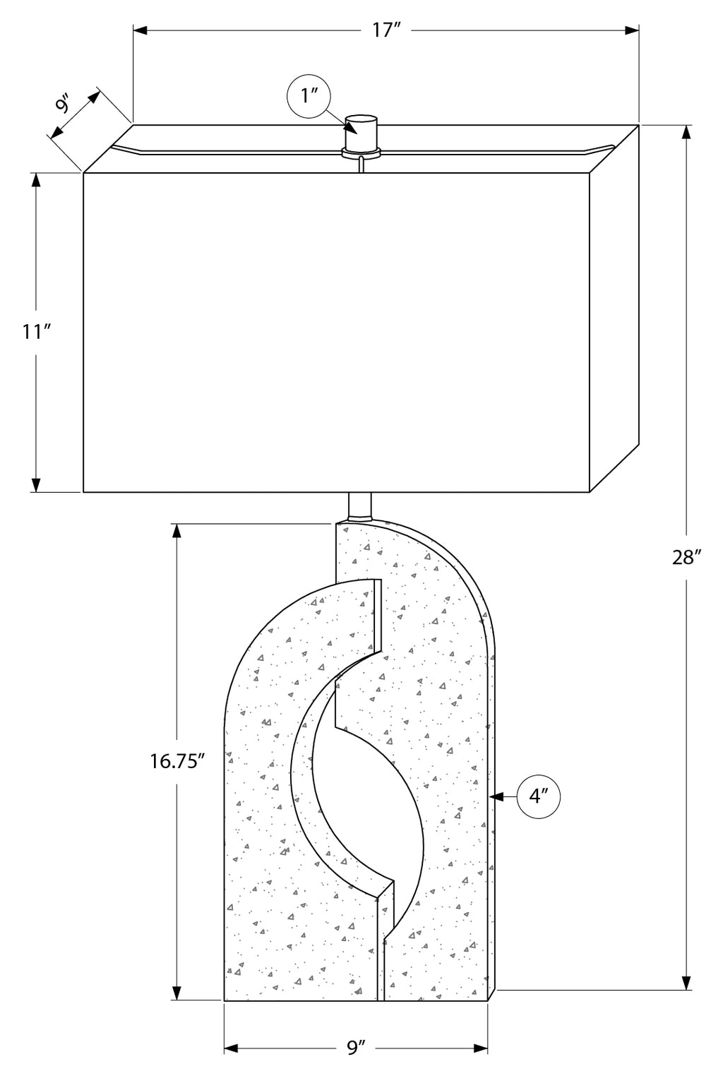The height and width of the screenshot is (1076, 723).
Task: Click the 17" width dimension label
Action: [x=386, y=31]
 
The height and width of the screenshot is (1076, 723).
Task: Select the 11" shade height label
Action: [x=36, y=331]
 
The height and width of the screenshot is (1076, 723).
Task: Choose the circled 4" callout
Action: [x=539, y=796]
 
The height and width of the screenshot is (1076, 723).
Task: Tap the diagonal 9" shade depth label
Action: [x=63, y=104]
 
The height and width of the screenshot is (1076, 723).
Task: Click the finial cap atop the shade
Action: [x=361, y=133]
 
